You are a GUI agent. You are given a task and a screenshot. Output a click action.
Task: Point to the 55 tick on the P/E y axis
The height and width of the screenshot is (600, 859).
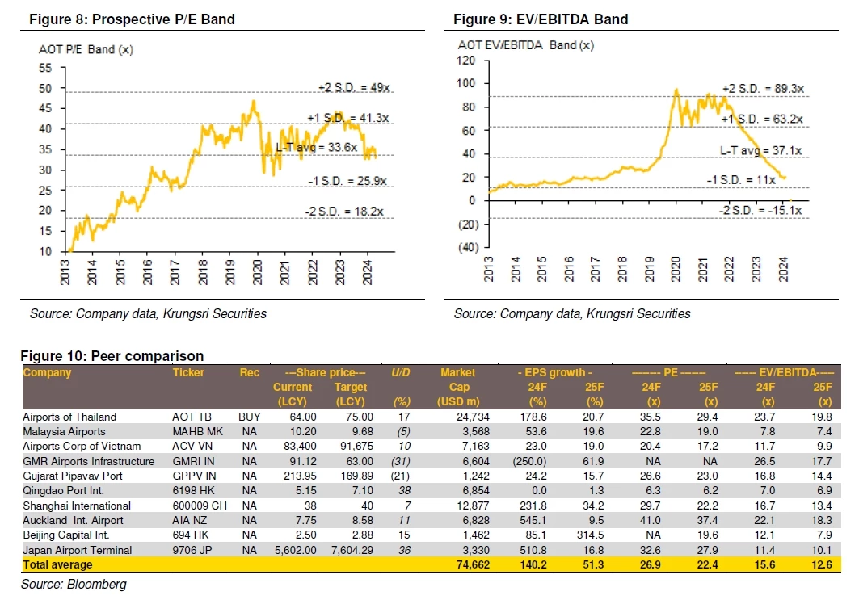(x=45, y=68)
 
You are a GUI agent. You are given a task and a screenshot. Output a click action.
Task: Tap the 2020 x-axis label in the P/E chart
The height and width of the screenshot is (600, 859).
(x=257, y=268)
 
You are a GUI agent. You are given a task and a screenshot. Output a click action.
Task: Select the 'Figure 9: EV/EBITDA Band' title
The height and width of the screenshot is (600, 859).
(x=541, y=19)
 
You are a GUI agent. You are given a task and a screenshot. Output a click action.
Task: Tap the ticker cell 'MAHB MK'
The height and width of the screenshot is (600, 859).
(x=195, y=432)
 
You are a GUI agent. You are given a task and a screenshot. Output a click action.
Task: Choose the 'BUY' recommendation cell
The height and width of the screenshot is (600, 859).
(x=250, y=417)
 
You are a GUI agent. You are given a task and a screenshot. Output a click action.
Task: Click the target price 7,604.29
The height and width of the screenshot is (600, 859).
(x=349, y=549)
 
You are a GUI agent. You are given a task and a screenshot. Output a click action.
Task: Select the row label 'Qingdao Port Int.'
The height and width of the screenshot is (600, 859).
(x=65, y=490)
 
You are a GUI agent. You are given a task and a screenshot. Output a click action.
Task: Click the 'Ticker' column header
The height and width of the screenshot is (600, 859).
(x=188, y=373)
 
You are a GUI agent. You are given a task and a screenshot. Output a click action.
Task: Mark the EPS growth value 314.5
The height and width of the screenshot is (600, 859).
(x=593, y=535)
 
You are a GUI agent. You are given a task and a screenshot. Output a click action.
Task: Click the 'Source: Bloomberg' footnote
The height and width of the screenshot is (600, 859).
(x=74, y=584)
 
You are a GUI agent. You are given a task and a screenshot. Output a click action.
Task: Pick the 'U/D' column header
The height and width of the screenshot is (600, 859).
(x=401, y=373)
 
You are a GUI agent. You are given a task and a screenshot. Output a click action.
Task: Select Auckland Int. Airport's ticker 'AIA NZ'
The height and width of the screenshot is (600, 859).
(x=190, y=520)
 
